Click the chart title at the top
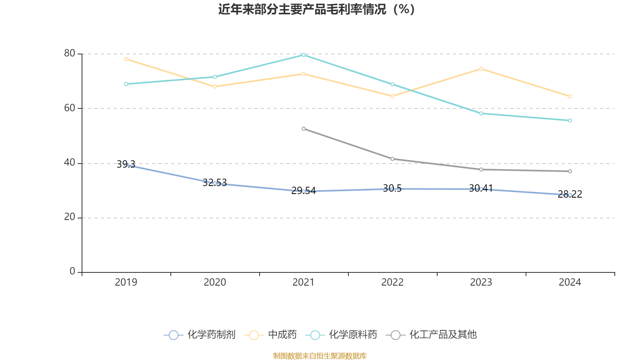click(x=316, y=9)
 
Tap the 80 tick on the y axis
click(x=69, y=53)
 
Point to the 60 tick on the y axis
click(x=69, y=108)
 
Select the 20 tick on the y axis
click(x=69, y=217)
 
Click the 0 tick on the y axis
click(x=72, y=272)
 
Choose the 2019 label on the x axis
click(x=126, y=282)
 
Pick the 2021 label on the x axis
click(x=304, y=282)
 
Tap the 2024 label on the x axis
click(x=570, y=282)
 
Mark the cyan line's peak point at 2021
click(x=304, y=55)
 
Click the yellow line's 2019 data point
click(x=126, y=59)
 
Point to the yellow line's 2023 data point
click(x=481, y=69)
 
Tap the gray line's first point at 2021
click(x=304, y=129)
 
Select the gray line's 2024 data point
click(x=570, y=172)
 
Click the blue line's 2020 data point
click(x=215, y=183)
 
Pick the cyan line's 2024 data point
click(x=570, y=120)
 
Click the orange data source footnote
click(x=320, y=356)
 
